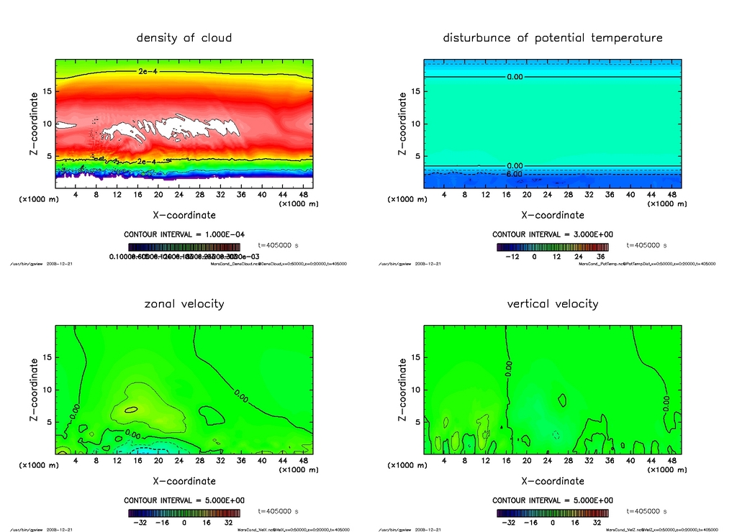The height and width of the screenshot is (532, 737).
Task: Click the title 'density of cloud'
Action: tap(184, 37)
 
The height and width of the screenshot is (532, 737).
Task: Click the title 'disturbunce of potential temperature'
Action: tap(553, 37)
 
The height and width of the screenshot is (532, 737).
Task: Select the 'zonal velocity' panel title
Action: tap(184, 303)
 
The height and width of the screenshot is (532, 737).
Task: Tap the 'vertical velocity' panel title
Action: tap(553, 303)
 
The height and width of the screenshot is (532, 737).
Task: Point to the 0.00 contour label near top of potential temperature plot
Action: tap(515, 76)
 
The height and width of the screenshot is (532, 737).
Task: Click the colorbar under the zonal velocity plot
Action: tap(184, 513)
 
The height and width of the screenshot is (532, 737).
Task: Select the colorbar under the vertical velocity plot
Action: tap(553, 513)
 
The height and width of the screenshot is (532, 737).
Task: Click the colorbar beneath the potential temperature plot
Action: tap(553, 247)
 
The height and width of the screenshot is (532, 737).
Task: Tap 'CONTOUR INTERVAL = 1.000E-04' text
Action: tap(184, 234)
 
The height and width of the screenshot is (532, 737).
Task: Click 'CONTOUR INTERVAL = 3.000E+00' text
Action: tap(553, 234)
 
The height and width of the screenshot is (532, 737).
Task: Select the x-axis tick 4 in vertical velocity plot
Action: tap(444, 460)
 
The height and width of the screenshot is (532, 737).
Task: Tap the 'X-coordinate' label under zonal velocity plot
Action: tap(184, 481)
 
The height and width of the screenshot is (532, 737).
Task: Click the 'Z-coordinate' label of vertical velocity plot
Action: tap(402, 390)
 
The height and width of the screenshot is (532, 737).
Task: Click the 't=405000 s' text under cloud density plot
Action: tap(279, 245)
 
